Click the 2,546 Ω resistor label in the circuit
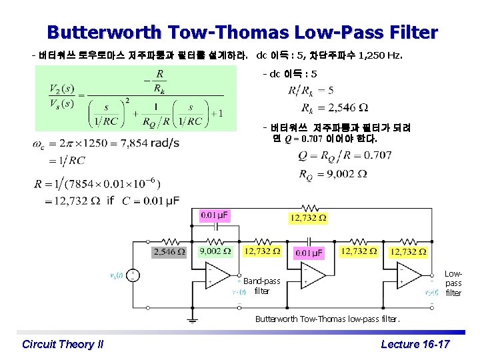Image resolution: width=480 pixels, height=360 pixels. [x=169, y=252]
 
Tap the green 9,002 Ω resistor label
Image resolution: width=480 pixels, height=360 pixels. [x=215, y=251]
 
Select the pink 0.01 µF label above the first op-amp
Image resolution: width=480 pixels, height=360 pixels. [x=215, y=215]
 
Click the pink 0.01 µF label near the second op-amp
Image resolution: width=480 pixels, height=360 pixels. [x=309, y=253]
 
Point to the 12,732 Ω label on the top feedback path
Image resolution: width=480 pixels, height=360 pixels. [x=307, y=218]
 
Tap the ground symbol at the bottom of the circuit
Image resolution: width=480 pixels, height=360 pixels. [x=192, y=319]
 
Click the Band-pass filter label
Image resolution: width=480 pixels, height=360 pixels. [x=261, y=286]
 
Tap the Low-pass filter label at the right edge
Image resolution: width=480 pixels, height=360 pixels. [x=453, y=283]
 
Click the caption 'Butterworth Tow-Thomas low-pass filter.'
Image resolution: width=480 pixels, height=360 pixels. [x=327, y=319]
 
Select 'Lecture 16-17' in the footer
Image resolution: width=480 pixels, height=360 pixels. [x=415, y=344]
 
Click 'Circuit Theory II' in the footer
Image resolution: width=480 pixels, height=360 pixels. [x=63, y=344]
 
